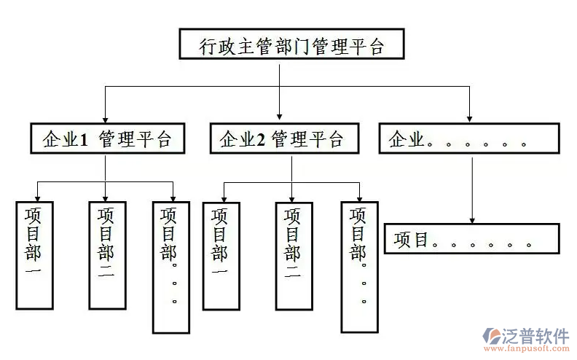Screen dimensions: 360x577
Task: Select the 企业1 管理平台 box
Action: (106, 138)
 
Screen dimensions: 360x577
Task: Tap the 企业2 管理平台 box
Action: (285, 138)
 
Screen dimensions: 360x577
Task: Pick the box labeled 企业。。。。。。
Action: (469, 138)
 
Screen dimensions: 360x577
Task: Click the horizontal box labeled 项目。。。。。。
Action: (471, 239)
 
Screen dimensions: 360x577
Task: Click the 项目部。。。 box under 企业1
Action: (171, 266)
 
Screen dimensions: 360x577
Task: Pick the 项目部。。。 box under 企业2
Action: (358, 266)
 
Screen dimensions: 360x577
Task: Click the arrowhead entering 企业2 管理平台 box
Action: (280, 116)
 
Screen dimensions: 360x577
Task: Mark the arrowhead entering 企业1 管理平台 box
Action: (106, 116)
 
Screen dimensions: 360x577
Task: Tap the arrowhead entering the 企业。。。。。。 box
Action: (470, 116)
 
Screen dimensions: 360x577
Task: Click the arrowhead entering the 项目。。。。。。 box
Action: (473, 219)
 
